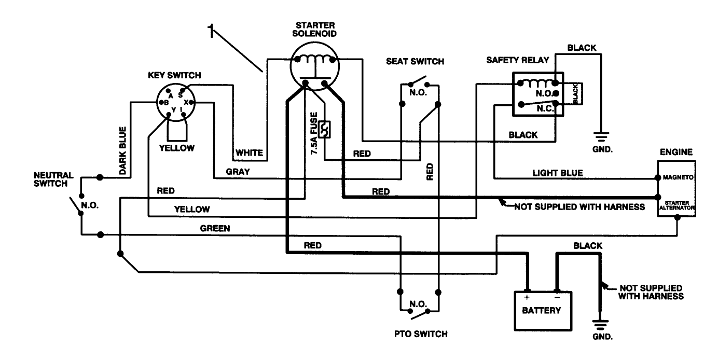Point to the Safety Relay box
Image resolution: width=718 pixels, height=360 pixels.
pyautogui.click(x=537, y=93)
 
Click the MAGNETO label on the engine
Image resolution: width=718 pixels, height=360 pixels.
pyautogui.click(x=676, y=177)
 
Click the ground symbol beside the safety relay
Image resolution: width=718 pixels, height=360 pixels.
pyautogui.click(x=602, y=137)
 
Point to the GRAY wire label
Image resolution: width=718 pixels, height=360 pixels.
pyautogui.click(x=238, y=171)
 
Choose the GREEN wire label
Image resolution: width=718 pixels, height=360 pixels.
pyautogui.click(x=215, y=228)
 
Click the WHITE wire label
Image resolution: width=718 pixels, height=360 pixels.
pyautogui.click(x=249, y=153)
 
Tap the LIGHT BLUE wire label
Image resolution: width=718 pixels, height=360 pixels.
pyautogui.click(x=557, y=173)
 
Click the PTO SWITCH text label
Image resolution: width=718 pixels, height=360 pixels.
pyautogui.click(x=421, y=334)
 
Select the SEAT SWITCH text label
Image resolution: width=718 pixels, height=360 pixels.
pyautogui.click(x=415, y=61)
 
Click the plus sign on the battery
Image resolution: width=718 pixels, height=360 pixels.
pyautogui.click(x=527, y=298)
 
